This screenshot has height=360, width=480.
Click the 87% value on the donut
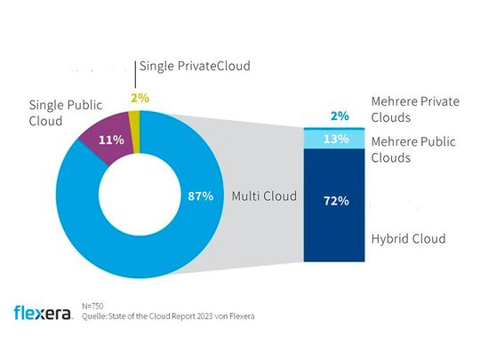(x=200, y=196)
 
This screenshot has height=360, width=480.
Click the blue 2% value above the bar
(x=338, y=116)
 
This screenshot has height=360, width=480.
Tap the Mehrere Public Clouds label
(x=413, y=149)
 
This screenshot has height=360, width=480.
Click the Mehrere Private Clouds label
(x=413, y=109)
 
